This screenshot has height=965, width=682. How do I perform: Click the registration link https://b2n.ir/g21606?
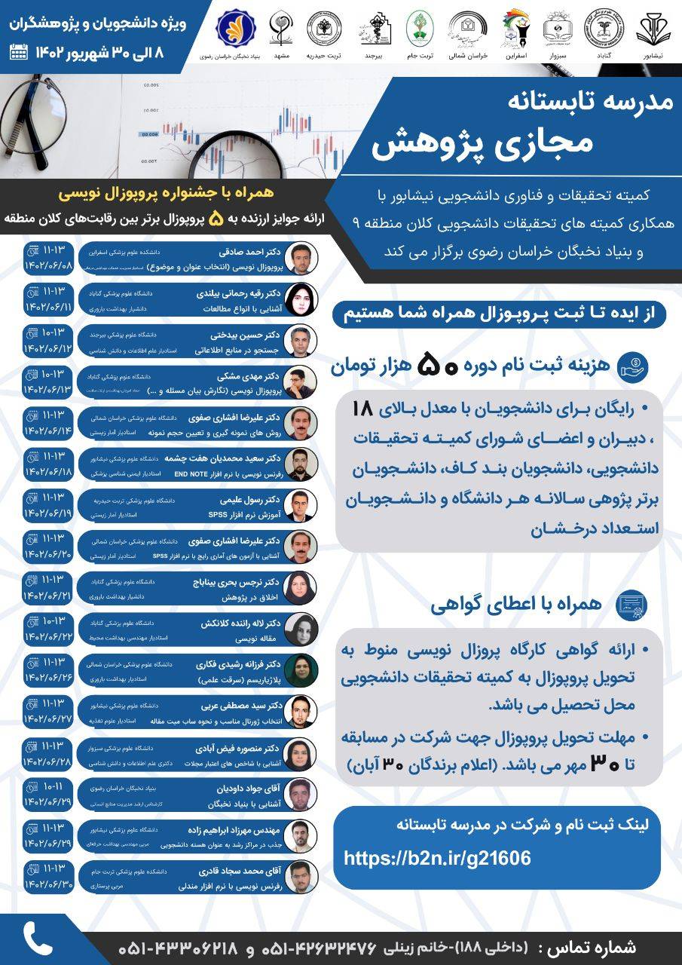437,858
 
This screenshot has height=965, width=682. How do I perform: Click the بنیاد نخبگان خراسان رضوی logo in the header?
235,28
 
